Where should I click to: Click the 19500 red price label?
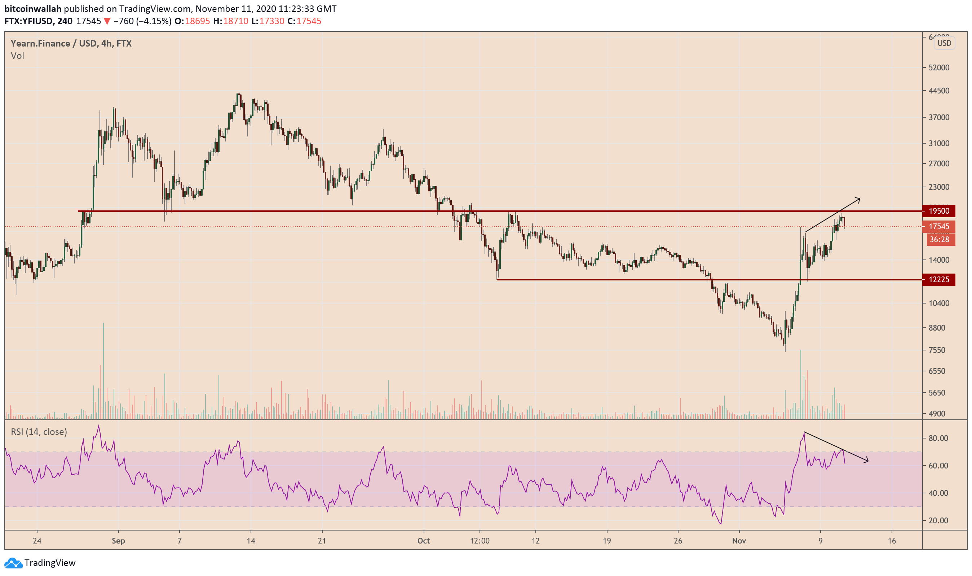939,211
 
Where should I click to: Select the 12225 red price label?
939,279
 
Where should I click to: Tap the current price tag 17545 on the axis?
939,227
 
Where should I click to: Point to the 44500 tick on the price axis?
939,91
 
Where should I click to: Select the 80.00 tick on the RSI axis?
938,438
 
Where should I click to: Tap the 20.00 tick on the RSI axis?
938,520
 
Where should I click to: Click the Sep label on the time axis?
118,541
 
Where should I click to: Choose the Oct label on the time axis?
423,541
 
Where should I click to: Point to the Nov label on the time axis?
739,541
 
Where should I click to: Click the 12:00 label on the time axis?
480,541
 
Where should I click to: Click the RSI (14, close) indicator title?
39,432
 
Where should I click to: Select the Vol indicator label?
17,56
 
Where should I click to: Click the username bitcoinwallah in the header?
33,9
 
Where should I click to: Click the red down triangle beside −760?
107,21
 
